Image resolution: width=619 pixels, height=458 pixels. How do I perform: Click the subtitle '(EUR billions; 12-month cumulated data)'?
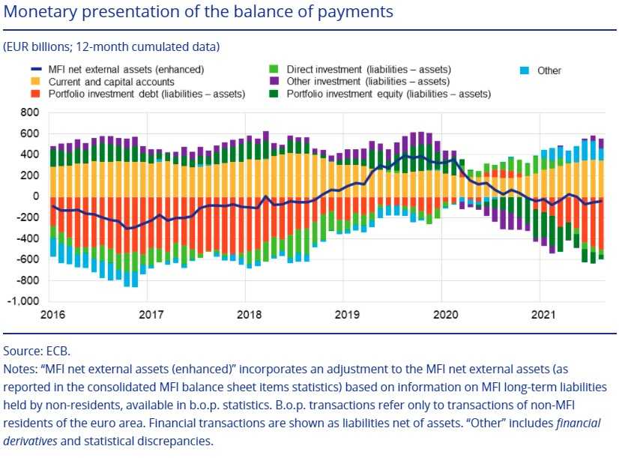click(x=112, y=46)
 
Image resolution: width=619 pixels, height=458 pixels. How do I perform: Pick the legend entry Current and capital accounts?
click(x=112, y=82)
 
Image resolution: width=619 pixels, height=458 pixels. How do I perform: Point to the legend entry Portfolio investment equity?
click(x=388, y=94)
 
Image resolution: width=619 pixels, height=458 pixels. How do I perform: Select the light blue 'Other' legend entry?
click(x=549, y=70)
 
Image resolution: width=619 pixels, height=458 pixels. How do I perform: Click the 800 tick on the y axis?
click(x=30, y=112)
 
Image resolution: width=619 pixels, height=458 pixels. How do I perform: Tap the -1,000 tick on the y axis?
click(x=25, y=301)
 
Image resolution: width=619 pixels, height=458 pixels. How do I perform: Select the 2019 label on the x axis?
click(x=344, y=315)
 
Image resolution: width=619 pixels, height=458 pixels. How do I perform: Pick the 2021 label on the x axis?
click(x=541, y=315)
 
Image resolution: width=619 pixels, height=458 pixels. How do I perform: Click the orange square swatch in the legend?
click(x=34, y=82)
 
